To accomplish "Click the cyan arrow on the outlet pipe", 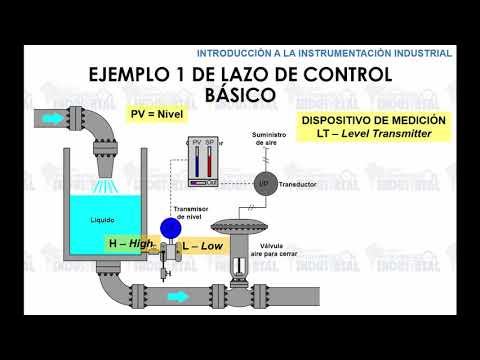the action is tap(178, 297).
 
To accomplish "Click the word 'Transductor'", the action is tap(299, 184).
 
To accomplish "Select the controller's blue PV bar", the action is tap(195, 163).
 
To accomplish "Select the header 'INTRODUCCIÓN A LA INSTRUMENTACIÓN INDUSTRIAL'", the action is tap(324, 52).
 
